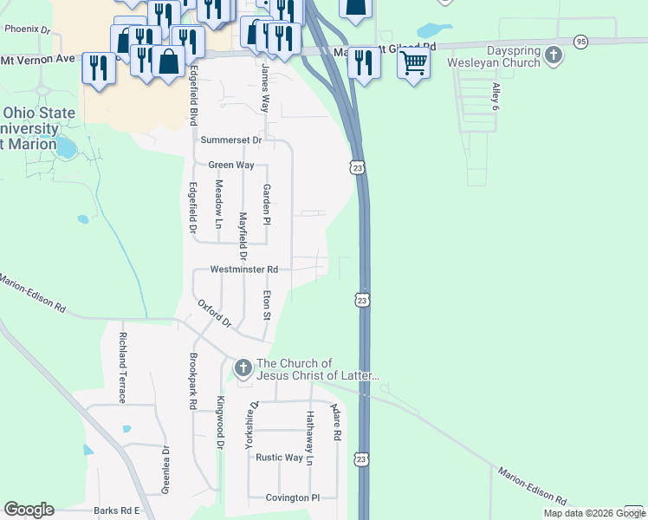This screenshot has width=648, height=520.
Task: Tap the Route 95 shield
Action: click(x=580, y=41)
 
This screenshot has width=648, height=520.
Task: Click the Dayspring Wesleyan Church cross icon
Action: click(x=553, y=56)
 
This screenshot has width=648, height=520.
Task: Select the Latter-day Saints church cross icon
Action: click(x=243, y=369)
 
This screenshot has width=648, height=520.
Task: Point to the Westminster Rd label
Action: click(x=244, y=270)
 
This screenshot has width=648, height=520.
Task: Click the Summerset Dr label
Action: click(x=230, y=140)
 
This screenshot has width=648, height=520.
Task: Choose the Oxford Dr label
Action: click(x=215, y=314)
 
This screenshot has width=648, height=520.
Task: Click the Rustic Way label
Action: click(x=280, y=458)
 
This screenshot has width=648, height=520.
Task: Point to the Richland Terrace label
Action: click(x=123, y=367)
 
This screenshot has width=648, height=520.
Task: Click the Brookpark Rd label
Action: click(x=192, y=380)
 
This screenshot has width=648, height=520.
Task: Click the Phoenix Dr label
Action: click(x=28, y=29)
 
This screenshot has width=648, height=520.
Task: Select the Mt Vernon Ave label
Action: click(x=39, y=60)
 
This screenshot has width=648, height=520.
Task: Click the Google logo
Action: click(x=29, y=510)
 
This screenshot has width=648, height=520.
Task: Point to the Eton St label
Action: click(x=267, y=304)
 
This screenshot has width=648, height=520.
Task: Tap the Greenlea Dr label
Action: click(x=165, y=470)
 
